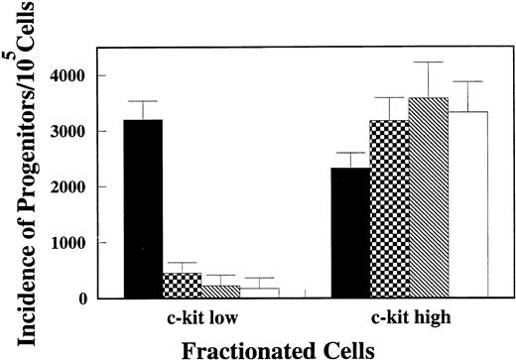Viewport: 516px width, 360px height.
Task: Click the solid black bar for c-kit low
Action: coord(143,208)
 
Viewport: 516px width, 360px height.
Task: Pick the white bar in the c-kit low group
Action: coord(258,294)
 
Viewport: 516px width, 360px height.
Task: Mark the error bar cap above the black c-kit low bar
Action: coord(143,101)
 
